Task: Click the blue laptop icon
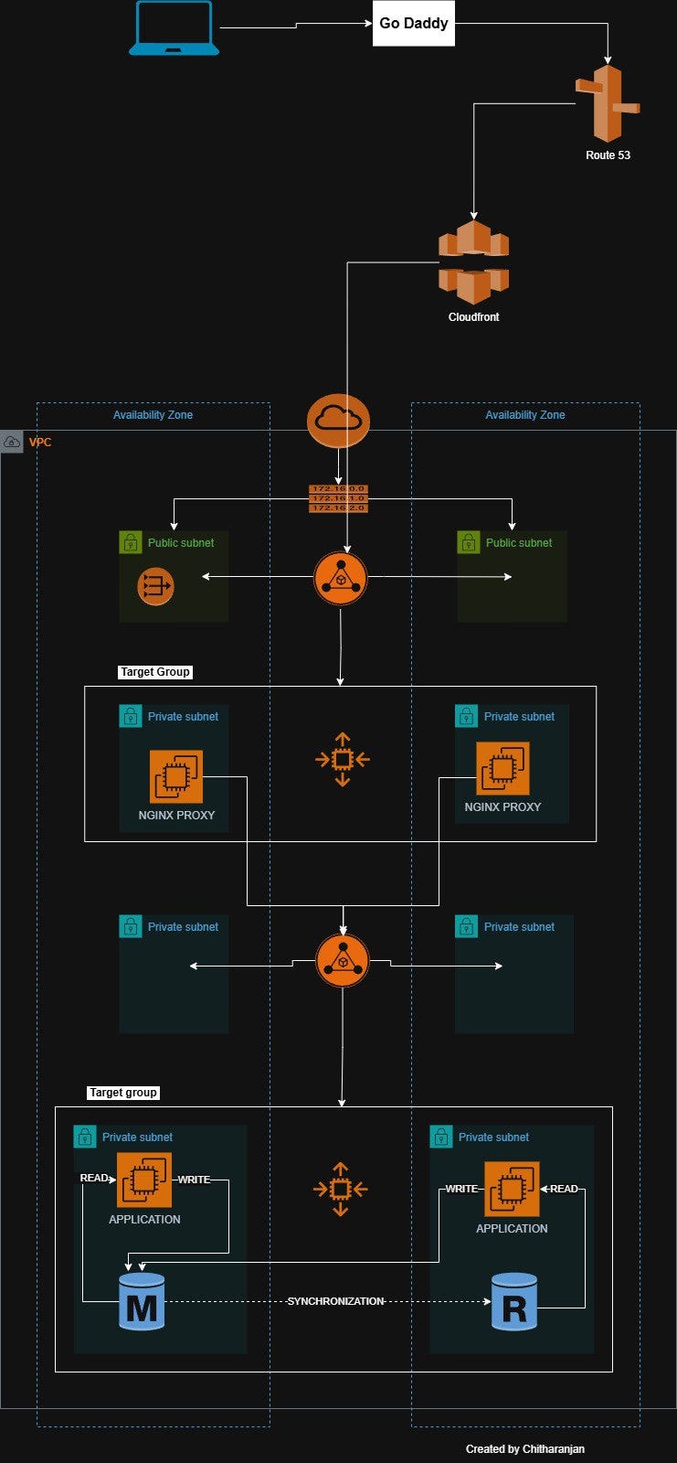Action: (x=174, y=28)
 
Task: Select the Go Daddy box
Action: (x=414, y=24)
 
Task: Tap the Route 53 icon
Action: (x=608, y=103)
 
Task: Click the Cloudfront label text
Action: (x=473, y=317)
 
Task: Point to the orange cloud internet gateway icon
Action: (x=338, y=421)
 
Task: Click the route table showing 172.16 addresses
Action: (x=338, y=498)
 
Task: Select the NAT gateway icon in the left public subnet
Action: (x=155, y=586)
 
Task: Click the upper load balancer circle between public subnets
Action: (x=341, y=578)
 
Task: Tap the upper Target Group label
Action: (x=155, y=672)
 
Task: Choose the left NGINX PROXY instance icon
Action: (x=176, y=776)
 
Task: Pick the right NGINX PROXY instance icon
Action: (x=502, y=768)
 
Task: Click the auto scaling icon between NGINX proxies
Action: (x=342, y=759)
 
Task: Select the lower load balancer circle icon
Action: (x=343, y=961)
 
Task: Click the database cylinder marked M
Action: (x=142, y=1302)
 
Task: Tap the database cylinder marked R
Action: (x=514, y=1302)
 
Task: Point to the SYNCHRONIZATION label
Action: (x=335, y=1301)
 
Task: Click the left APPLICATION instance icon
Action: (x=144, y=1180)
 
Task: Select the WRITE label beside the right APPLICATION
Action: (x=461, y=1189)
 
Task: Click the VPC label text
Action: (x=40, y=443)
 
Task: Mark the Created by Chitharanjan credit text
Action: (x=524, y=1449)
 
